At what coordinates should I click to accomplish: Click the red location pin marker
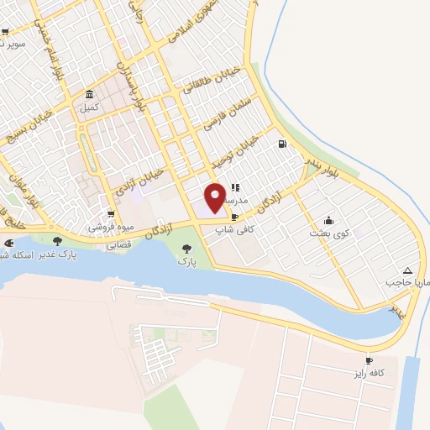click(215, 197)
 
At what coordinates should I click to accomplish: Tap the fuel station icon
click(281, 144)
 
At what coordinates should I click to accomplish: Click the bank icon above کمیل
click(90, 94)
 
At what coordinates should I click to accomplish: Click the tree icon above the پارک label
click(186, 249)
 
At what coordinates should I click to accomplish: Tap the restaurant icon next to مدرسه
click(236, 188)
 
